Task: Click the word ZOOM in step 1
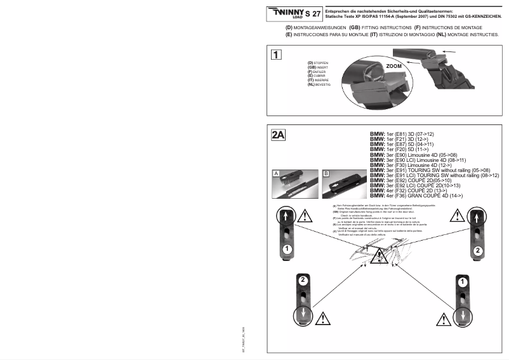[x=394, y=65]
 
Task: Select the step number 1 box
[x=276, y=54]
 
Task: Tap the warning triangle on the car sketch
[x=380, y=257]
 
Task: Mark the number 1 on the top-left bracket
[x=287, y=248]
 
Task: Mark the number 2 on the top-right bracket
[x=477, y=251]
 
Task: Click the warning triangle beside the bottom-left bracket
[x=326, y=315]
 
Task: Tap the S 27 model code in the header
[x=313, y=13]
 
